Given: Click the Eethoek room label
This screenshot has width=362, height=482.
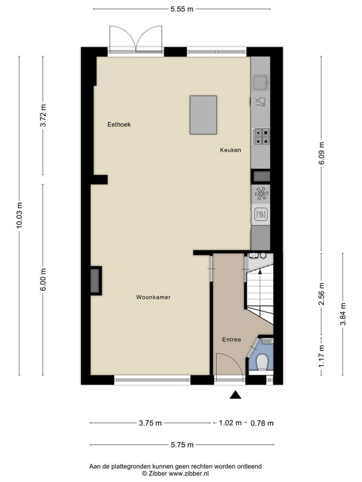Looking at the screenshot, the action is pos(119,125).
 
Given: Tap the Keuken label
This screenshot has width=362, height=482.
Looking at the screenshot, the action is pos(230,150).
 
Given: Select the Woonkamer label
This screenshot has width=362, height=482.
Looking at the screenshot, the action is pos(153,297).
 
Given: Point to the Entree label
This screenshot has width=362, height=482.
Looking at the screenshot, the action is pos(232,340).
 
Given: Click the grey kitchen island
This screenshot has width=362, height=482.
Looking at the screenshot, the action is pos(203,115).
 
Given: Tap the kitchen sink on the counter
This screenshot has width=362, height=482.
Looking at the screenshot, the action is pos(261,82).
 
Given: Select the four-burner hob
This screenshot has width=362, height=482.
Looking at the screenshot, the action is pos(261,137).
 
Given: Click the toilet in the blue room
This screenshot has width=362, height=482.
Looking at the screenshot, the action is pos(262,363).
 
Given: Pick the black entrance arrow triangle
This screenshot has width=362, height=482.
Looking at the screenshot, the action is pos(235,395).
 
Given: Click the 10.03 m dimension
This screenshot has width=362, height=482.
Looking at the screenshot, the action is pos(19,216).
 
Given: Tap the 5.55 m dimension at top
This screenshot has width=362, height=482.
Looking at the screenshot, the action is pos(182,9).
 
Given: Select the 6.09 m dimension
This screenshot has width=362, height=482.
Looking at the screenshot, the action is pos(322,153).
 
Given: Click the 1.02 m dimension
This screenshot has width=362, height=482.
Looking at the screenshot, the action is pos(230,423).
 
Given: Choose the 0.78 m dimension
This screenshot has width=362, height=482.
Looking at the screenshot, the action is pos(262,424).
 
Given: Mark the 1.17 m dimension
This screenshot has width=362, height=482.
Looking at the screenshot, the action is pos(322,356).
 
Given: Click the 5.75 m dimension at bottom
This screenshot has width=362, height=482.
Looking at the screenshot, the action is pos(182,445).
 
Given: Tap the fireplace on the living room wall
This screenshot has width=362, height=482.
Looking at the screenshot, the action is pos(95,281).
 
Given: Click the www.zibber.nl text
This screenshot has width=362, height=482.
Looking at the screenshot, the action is pos(188,474).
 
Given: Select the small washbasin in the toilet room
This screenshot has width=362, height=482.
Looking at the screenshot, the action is pos(268,340).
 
